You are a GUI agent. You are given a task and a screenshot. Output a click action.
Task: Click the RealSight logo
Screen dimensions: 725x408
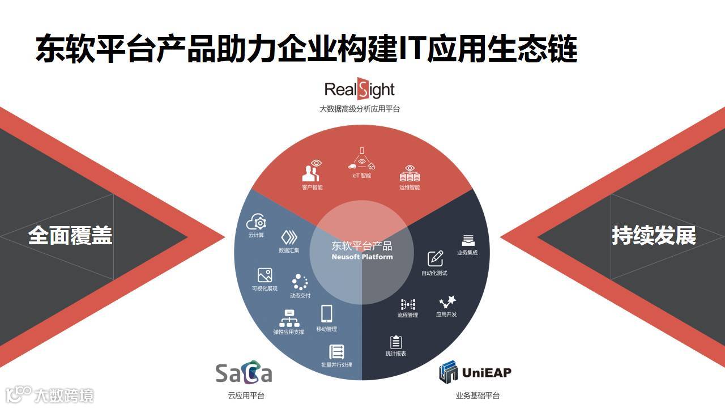pyautogui.click(x=359, y=90)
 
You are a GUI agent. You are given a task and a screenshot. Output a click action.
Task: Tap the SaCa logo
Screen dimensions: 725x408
pyautogui.click(x=244, y=373)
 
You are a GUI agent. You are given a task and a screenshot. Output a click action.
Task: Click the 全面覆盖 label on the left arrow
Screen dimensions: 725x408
pyautogui.click(x=70, y=235)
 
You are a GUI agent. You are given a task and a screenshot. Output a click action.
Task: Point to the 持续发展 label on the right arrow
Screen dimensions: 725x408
pyautogui.click(x=654, y=235)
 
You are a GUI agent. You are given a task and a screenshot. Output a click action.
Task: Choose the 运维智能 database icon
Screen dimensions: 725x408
pyautogui.click(x=410, y=173)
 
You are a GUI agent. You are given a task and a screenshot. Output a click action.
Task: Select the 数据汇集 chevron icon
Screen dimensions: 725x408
pyautogui.click(x=289, y=237)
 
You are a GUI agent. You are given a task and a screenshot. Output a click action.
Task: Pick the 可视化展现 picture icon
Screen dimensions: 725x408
pyautogui.click(x=265, y=275)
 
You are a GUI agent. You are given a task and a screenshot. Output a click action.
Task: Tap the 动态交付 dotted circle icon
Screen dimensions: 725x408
pyautogui.click(x=300, y=282)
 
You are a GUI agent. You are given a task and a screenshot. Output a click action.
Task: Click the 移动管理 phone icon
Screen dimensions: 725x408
pyautogui.click(x=327, y=313)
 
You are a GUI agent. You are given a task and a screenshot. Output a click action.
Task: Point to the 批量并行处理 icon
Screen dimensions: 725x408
pyautogui.click(x=336, y=351)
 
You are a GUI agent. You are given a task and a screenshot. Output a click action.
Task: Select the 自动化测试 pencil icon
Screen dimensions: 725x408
pyautogui.click(x=435, y=258)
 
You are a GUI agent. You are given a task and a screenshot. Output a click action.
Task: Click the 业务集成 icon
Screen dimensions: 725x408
pyautogui.click(x=467, y=240)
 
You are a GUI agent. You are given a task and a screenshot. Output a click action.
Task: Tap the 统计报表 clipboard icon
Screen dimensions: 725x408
pyautogui.click(x=396, y=342)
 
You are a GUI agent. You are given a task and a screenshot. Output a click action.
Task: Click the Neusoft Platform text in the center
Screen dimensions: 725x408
pyautogui.click(x=362, y=257)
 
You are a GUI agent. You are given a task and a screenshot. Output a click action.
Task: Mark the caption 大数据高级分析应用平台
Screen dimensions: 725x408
pyautogui.click(x=360, y=109)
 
